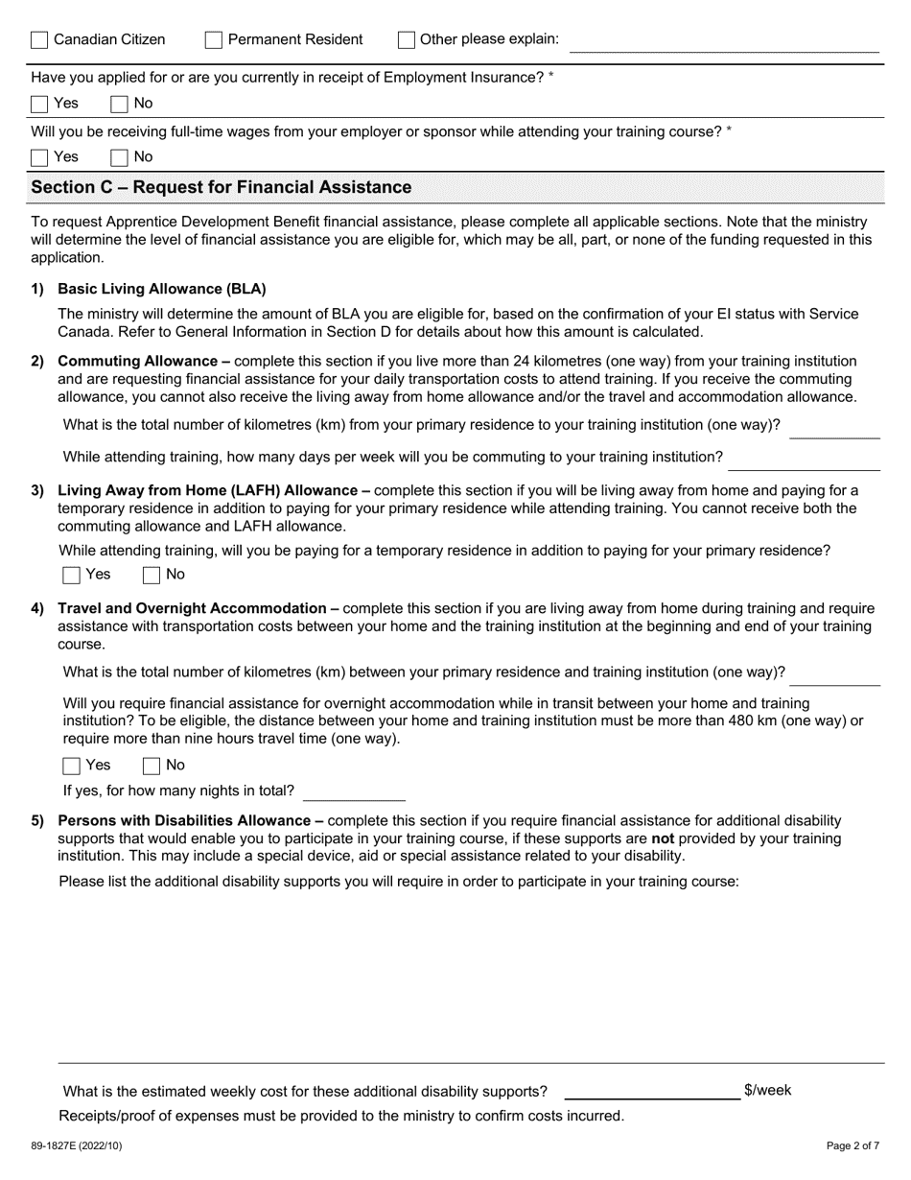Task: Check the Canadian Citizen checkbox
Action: (x=39, y=40)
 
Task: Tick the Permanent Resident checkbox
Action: (x=214, y=40)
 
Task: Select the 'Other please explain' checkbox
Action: (x=406, y=40)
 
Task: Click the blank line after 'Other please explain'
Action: (x=725, y=42)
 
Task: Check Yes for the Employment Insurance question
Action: (x=39, y=104)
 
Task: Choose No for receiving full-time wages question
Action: (x=120, y=157)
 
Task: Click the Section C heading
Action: (x=222, y=187)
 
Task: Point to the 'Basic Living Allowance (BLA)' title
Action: (x=162, y=289)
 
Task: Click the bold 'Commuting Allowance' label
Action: (x=137, y=362)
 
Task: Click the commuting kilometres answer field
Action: (x=833, y=428)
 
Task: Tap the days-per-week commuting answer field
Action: (x=804, y=460)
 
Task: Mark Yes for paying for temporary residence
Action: (x=72, y=575)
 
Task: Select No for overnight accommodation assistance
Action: (x=152, y=766)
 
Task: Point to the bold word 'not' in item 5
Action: (x=662, y=838)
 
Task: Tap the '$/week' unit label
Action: (x=767, y=1090)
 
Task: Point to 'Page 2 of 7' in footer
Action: (x=853, y=1145)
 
